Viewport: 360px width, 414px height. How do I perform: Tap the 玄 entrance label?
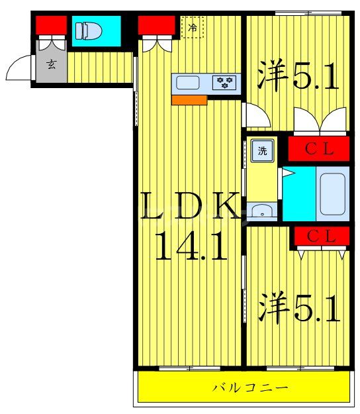click(51, 65)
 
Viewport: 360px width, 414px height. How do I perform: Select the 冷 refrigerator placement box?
click(193, 28)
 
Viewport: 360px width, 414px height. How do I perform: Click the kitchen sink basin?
click(187, 83)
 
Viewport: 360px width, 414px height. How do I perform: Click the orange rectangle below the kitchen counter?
click(189, 100)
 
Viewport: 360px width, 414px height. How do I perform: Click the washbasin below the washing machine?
click(263, 211)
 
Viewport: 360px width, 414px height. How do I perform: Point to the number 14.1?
click(191, 247)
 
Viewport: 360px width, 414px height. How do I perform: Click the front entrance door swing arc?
click(18, 68)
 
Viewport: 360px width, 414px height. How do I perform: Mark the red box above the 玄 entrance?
click(51, 25)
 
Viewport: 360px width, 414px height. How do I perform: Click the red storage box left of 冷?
click(156, 25)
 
